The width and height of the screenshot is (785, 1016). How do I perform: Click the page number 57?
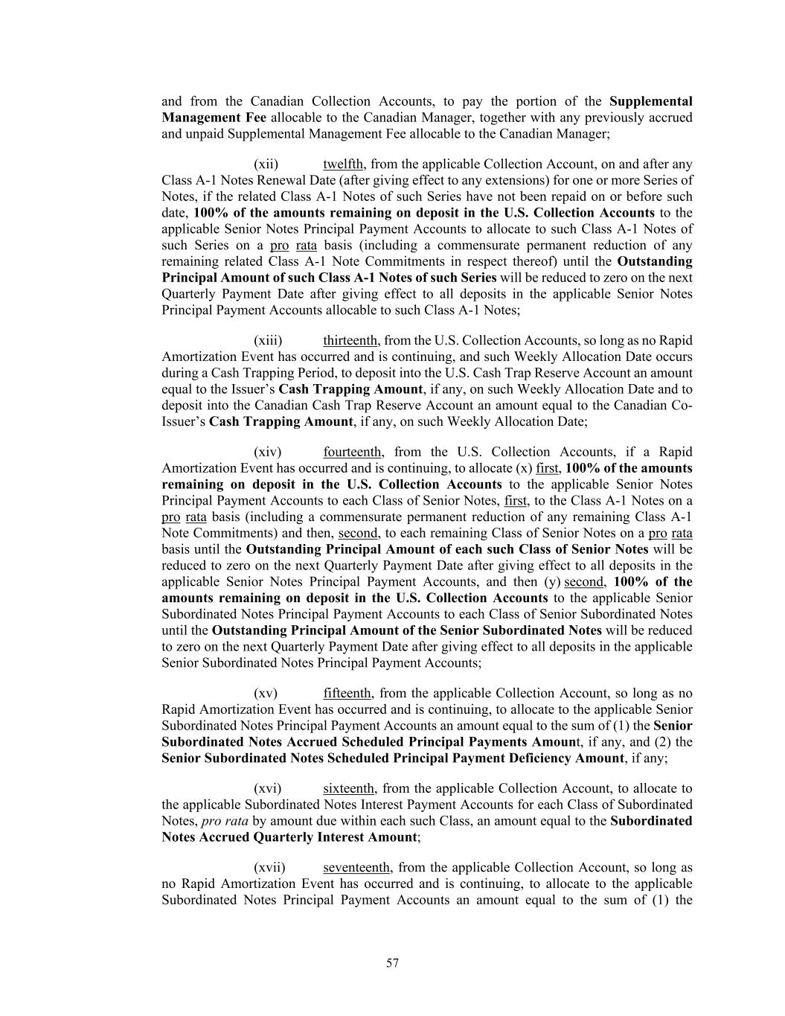coord(392,963)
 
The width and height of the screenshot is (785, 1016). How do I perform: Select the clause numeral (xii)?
coord(266,164)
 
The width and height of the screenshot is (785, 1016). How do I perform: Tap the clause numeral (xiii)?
coord(268,341)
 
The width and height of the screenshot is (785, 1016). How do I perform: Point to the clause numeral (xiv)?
coord(267,452)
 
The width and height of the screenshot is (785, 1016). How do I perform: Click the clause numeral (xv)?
coord(266,694)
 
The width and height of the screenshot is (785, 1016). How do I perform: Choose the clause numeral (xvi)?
coord(267,788)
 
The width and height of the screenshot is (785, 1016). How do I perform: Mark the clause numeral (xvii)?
coord(269,868)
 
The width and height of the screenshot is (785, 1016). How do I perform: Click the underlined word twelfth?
coord(343,164)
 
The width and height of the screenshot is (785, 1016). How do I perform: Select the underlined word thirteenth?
coord(350,341)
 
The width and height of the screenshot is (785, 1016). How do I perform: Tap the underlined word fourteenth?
coord(353,452)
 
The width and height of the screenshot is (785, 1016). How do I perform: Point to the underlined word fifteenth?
coord(347,694)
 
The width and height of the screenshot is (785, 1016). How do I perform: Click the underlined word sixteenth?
coord(348,788)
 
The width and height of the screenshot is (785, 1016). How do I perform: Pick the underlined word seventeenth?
coord(356,868)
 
